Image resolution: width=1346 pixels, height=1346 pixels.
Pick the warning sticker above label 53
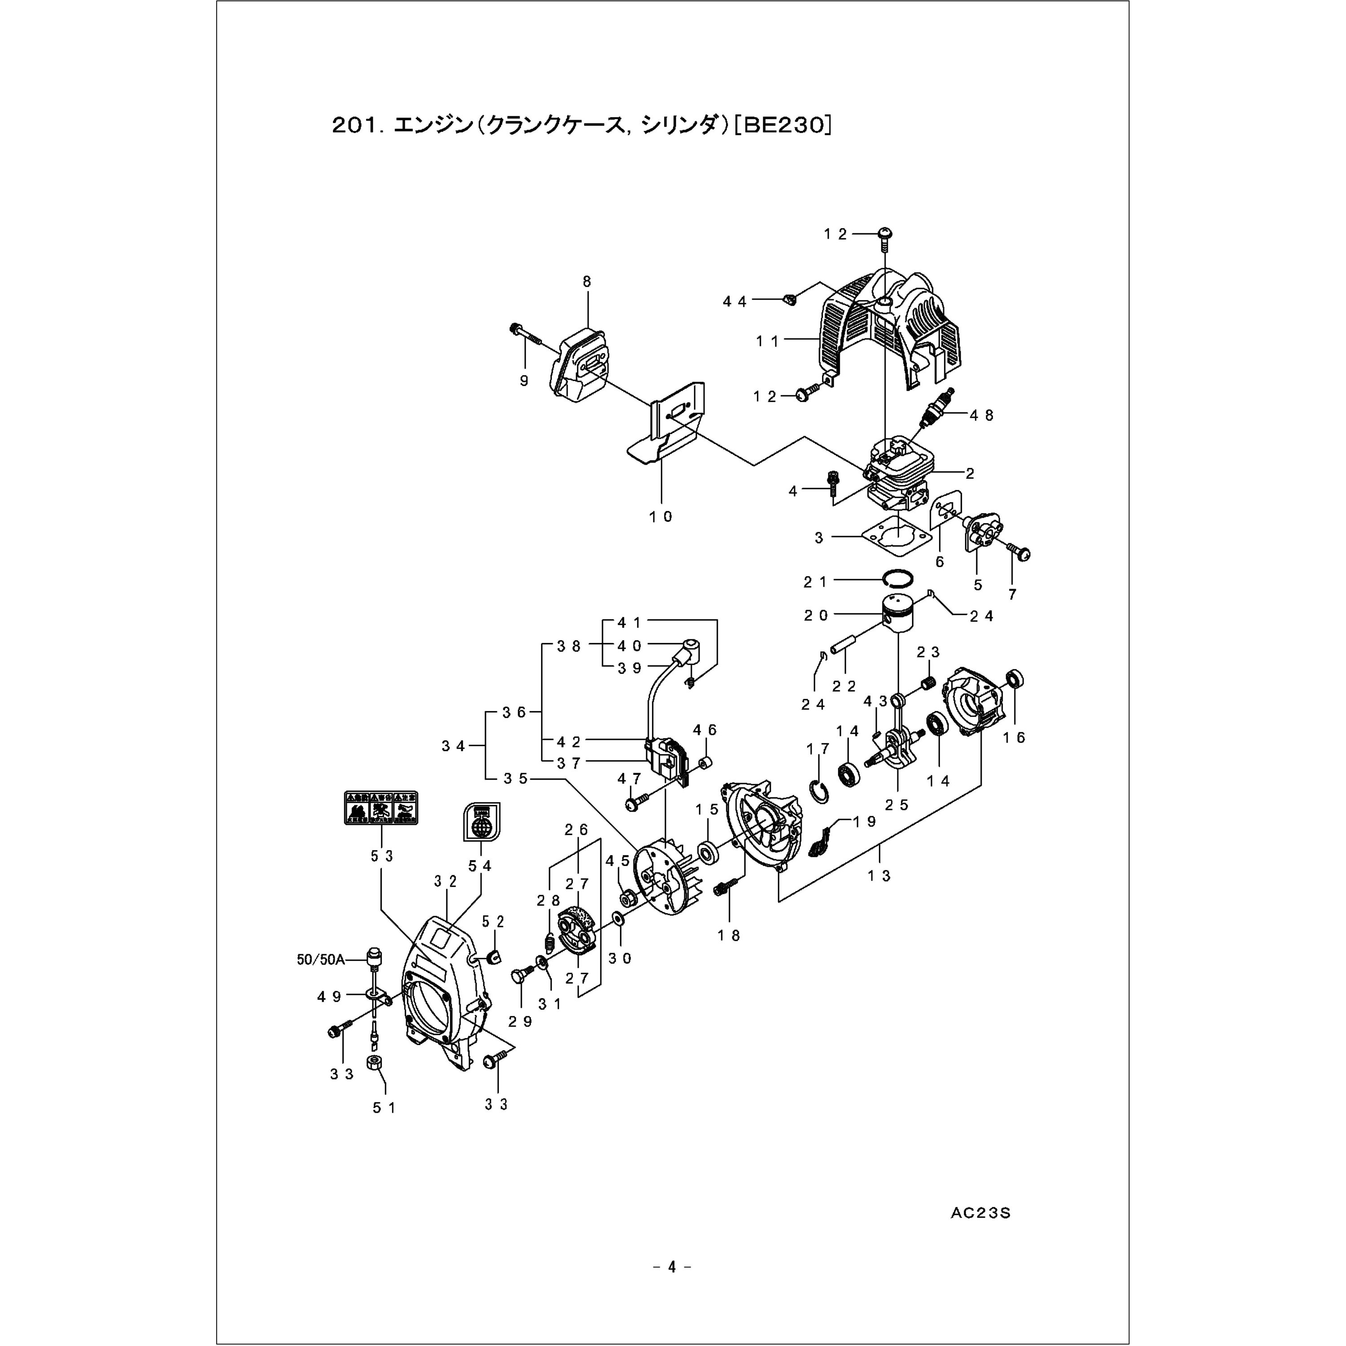click(381, 808)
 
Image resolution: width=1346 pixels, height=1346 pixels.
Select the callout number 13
click(879, 876)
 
